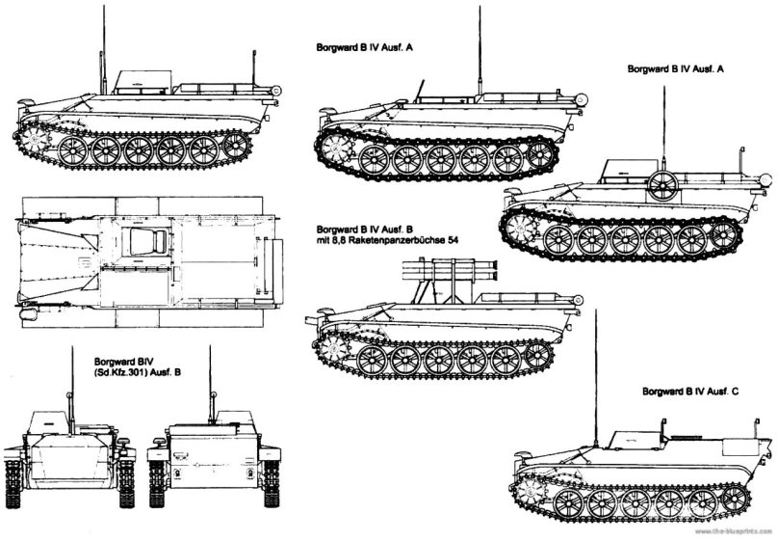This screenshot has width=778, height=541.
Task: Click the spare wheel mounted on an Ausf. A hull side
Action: click(661, 185)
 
